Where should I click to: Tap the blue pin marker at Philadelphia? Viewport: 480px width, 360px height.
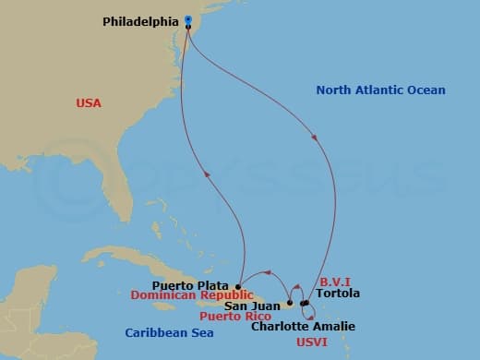187,19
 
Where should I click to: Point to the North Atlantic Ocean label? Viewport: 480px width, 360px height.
380,90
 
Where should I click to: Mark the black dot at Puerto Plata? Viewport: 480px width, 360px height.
238,286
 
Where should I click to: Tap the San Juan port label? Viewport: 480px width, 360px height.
250,305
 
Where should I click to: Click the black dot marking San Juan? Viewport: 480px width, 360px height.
289,302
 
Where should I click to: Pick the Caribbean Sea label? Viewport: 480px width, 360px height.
169,332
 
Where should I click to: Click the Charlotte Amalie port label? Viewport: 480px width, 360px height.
303,326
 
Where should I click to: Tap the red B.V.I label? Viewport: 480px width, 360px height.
335,281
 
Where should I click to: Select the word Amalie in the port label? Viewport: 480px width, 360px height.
334,326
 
